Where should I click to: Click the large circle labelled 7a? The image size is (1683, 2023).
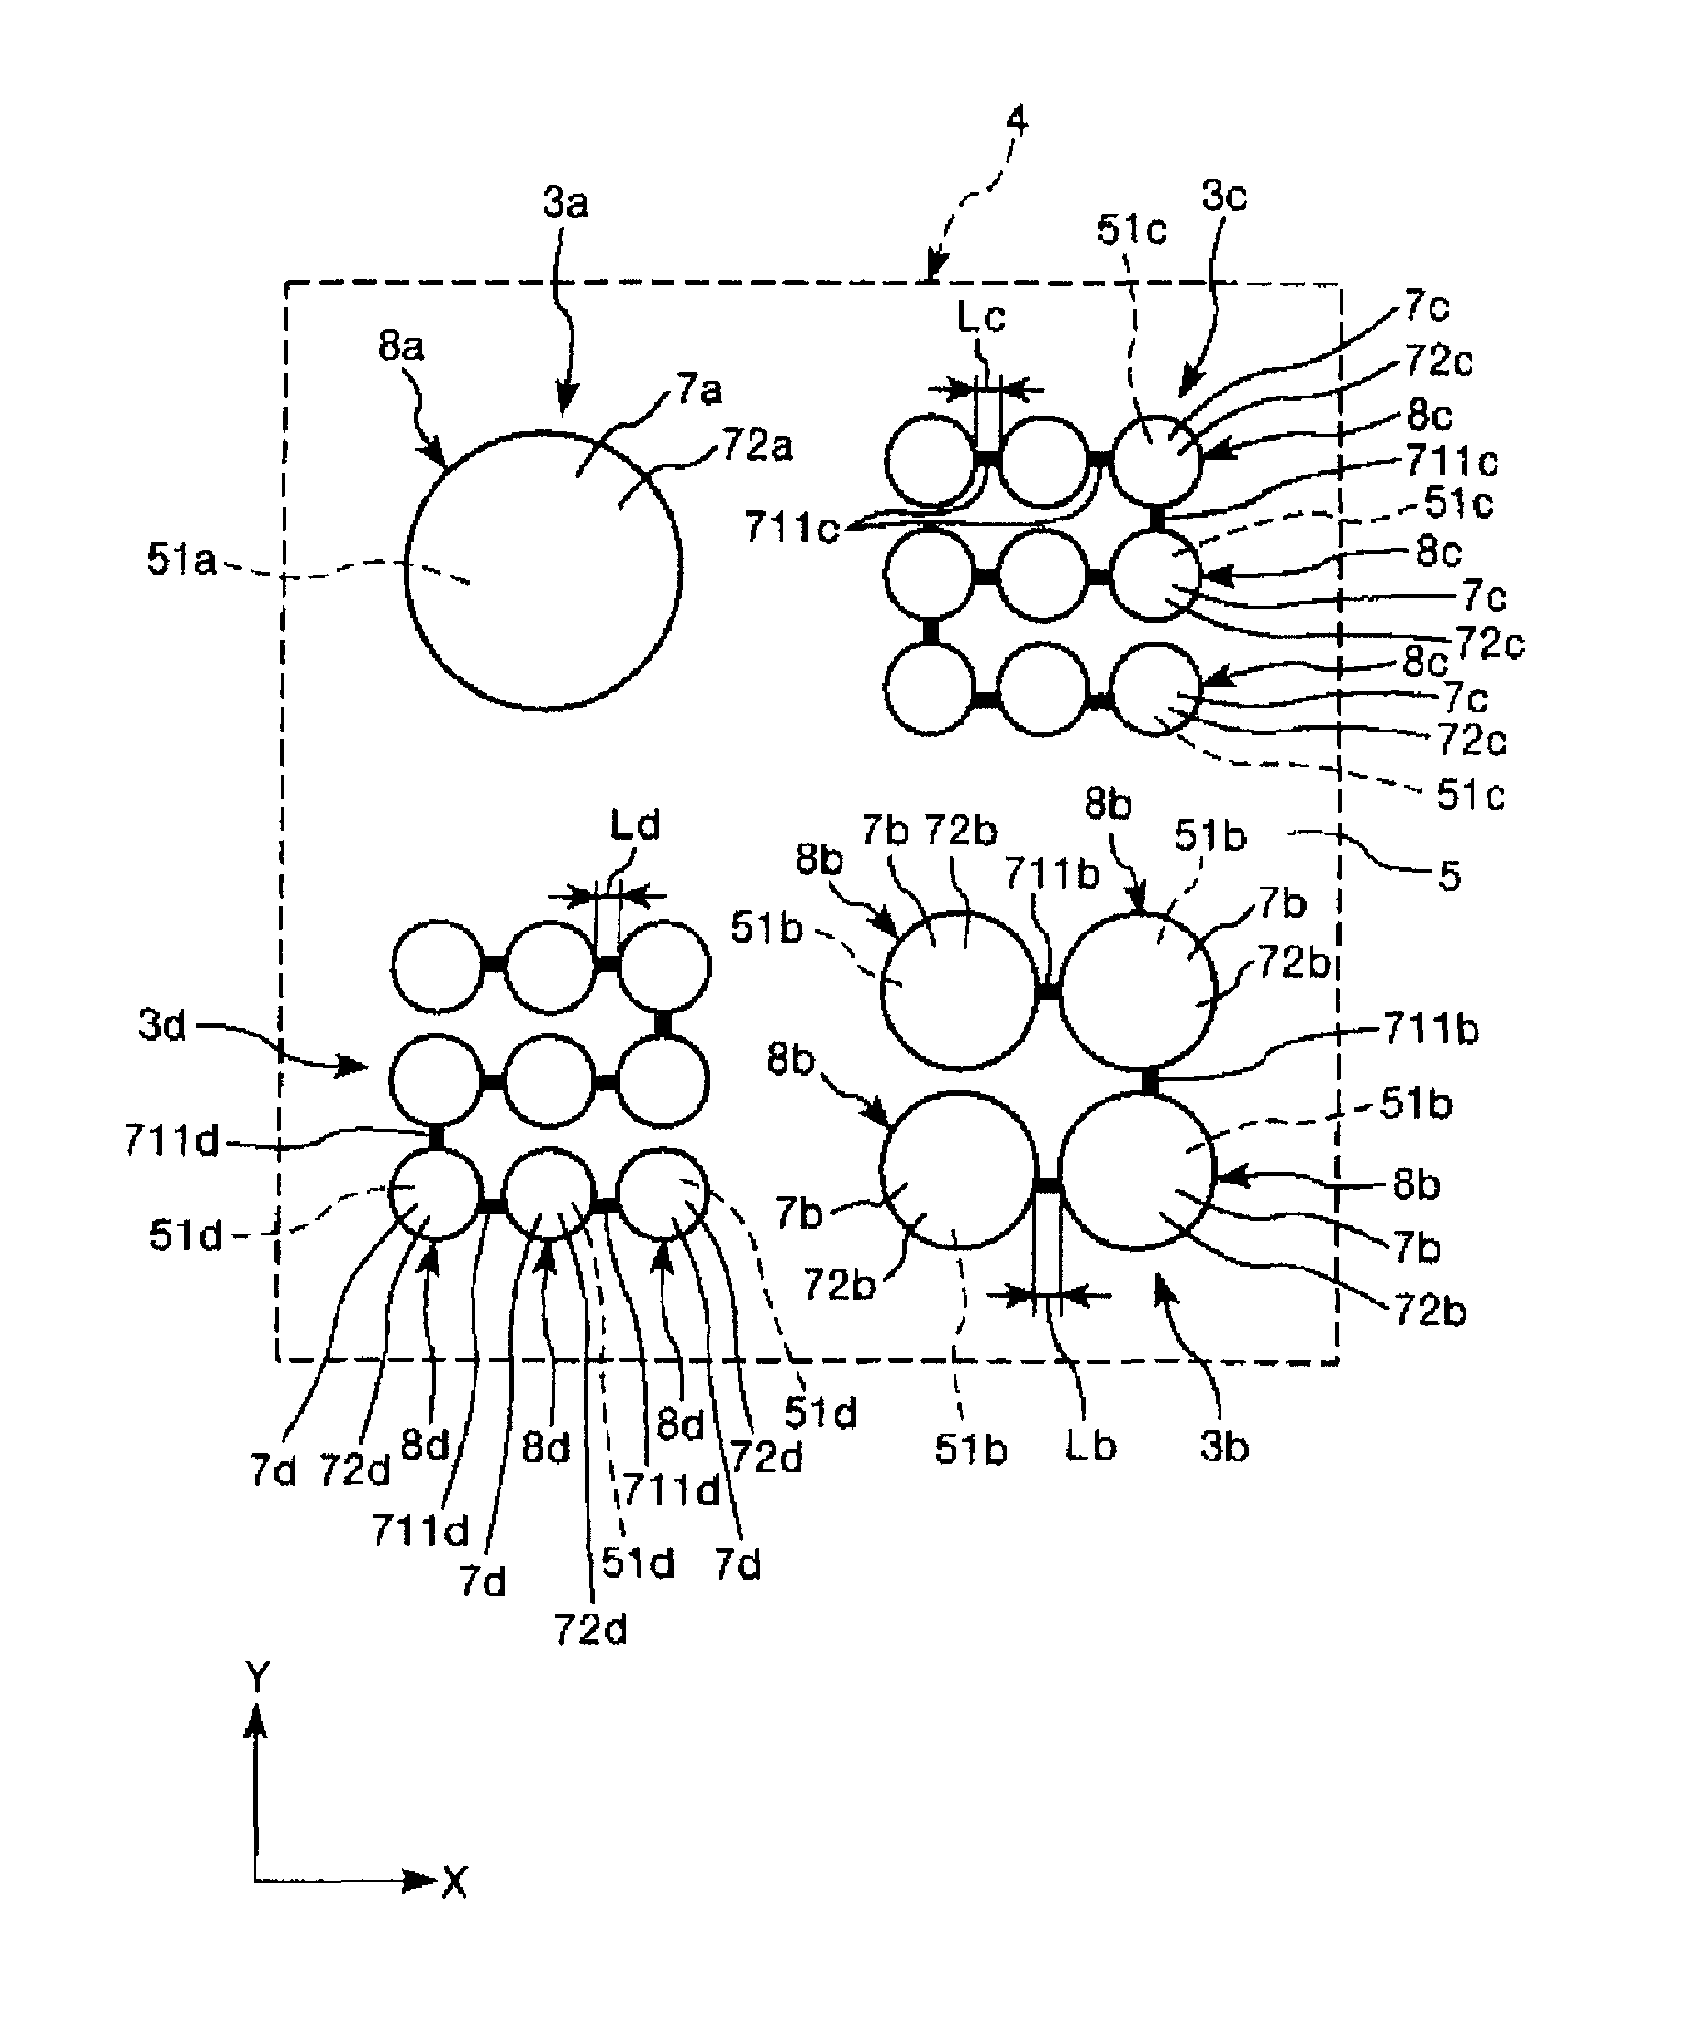coord(543,571)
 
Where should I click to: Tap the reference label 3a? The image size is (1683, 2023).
coord(565,203)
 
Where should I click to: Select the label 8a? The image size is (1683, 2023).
coord(401,345)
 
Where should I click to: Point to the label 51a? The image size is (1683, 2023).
coord(181,559)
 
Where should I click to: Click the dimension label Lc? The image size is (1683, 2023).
coord(981,317)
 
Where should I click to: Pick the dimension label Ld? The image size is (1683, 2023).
coord(634,825)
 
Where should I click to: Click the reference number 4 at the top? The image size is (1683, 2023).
coord(1017,121)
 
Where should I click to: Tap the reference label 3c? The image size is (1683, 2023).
coord(1224,196)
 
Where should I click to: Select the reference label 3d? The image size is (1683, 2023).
coord(162,1025)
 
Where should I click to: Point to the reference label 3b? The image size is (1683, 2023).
coord(1223,1446)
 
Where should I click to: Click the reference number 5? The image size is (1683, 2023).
coord(1449,876)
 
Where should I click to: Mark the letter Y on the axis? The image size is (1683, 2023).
coord(257,1677)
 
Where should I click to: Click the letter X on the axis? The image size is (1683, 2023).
coord(455,1882)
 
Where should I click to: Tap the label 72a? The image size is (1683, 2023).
coord(757,446)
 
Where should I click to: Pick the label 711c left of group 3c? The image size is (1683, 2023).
coord(792,528)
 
